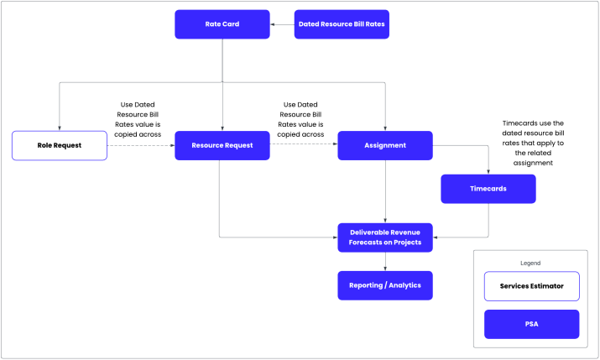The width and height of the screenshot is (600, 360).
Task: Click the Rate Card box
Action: [x=222, y=24]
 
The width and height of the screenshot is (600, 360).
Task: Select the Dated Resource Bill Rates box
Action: [x=342, y=24]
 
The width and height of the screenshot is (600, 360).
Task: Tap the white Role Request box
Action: [x=59, y=145]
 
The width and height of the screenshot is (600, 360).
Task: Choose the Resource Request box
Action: [x=222, y=145]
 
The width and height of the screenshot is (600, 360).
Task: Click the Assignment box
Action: [x=385, y=145]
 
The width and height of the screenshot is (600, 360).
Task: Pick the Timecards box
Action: [x=488, y=189]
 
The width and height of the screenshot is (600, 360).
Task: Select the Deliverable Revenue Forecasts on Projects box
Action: [x=385, y=237]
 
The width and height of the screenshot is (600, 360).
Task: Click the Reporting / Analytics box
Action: [x=385, y=285]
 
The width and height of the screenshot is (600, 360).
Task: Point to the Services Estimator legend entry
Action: [x=531, y=286]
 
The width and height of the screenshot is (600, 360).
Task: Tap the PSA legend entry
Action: [x=531, y=324]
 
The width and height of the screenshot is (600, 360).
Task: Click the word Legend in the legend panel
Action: [x=531, y=263]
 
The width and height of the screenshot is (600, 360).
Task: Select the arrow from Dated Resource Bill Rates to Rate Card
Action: [x=282, y=24]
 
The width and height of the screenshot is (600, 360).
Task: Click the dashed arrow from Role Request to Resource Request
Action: [x=140, y=145]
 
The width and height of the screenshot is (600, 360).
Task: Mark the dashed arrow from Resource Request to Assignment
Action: [x=303, y=145]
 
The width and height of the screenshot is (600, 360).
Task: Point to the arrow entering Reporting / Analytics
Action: [x=385, y=262]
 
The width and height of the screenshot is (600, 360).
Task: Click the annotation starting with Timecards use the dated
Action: [x=533, y=143]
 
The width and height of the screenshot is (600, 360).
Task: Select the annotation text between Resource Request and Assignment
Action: [x=301, y=118]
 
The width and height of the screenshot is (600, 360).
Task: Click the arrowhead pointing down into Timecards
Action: [x=488, y=171]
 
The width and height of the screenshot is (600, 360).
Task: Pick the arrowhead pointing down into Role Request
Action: [x=59, y=128]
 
